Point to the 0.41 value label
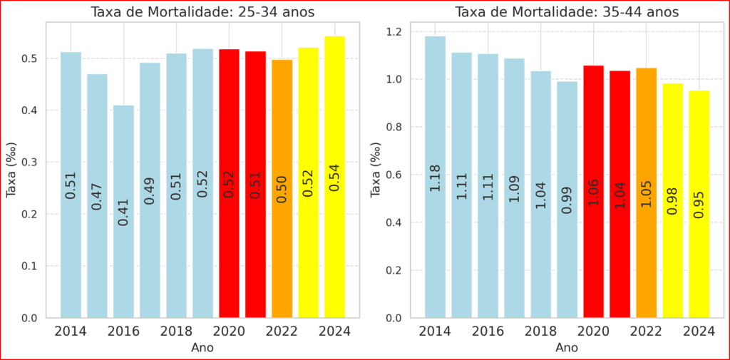click(x=123, y=212)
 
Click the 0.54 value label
click(x=335, y=178)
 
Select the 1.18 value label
click(x=435, y=178)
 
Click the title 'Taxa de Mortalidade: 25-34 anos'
click(x=202, y=12)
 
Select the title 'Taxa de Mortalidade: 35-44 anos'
click(x=567, y=12)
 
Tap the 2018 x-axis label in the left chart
click(x=176, y=331)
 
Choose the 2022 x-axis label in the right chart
click(x=646, y=331)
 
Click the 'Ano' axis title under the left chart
click(x=202, y=348)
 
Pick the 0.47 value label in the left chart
click(x=97, y=196)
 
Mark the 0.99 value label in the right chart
click(x=567, y=200)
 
